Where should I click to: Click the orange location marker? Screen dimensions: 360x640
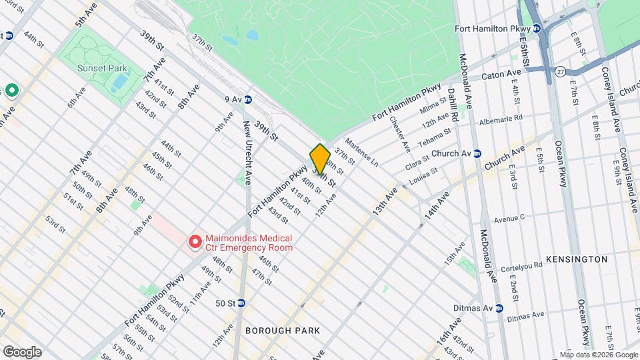pos(320,160)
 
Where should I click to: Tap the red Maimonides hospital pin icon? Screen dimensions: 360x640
pos(195,242)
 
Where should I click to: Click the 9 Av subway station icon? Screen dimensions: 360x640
pos(247,99)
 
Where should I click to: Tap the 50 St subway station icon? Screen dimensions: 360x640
pos(241,303)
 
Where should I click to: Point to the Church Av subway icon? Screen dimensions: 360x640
pos(477,153)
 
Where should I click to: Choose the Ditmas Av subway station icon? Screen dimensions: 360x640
pos(497,308)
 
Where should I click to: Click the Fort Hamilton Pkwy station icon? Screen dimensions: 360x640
pos(536,29)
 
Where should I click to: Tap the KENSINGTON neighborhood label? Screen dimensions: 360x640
pos(577,259)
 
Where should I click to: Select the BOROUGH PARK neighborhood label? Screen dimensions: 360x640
pos(283,331)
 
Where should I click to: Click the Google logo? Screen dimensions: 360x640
pos(21,351)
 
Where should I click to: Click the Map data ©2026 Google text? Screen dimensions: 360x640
pos(598,354)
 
